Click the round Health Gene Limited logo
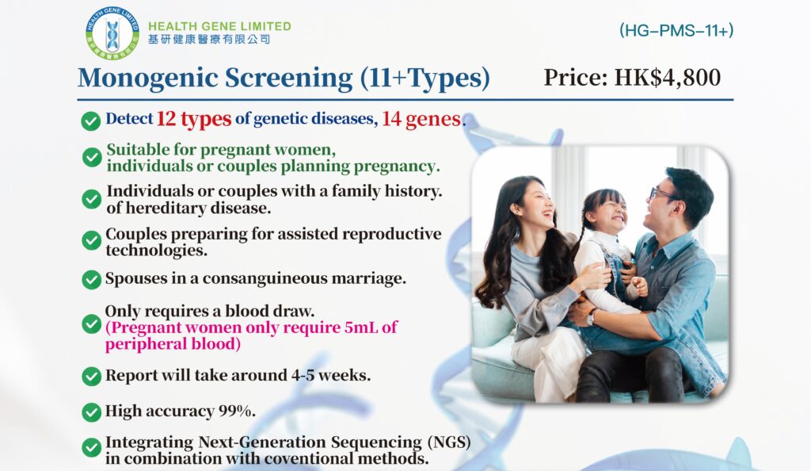pos(109,32)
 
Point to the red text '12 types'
pos(193,119)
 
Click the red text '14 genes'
pos(421,119)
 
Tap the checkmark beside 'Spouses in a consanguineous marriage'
pos(91,279)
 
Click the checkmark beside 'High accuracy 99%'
pos(91,412)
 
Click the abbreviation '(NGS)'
pos(447,442)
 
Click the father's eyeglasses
pos(662,194)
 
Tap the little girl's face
pos(608,215)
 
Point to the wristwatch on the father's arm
pos(590,317)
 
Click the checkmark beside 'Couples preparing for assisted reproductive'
pos(91,239)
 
